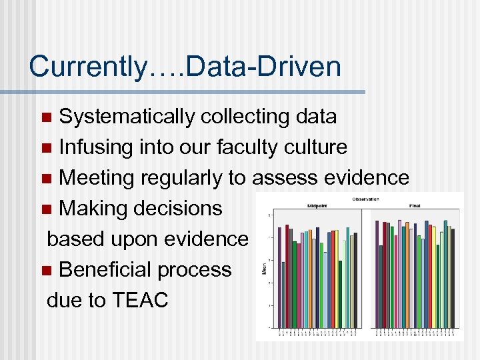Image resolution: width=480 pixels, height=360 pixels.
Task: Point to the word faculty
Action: pos(244,147)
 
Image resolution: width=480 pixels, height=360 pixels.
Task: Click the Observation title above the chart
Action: pos(365,199)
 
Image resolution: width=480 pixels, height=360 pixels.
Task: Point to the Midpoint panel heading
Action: pos(317,206)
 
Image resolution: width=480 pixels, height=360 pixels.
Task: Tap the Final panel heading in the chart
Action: pos(415,206)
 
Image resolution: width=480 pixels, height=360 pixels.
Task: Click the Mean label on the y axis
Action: pos(265,270)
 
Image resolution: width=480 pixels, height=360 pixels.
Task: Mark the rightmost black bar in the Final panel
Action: pos(453,278)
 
